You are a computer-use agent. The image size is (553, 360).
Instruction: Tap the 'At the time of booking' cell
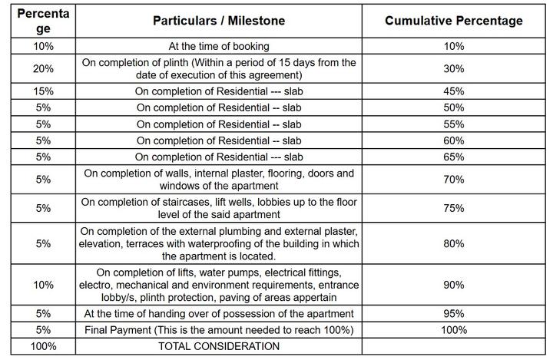219,47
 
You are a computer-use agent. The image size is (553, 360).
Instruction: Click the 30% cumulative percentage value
454,68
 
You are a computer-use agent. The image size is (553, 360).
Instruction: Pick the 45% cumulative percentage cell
454,91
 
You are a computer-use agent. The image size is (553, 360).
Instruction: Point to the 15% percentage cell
43,91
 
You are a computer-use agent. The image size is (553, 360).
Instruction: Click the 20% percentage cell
43,68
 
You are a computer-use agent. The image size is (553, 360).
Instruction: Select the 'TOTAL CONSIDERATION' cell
219,346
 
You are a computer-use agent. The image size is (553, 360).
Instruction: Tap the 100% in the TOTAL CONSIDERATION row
43,346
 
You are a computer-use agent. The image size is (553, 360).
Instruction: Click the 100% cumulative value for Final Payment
454,329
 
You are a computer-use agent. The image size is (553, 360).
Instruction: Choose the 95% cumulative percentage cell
454,313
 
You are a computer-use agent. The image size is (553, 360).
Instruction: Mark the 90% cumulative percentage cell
454,285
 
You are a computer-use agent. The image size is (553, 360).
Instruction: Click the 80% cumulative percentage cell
454,243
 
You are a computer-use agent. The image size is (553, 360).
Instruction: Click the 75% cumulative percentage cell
454,207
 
